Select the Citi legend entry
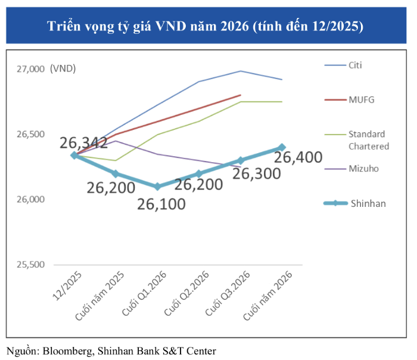click(x=355, y=65)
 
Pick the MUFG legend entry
click(x=359, y=100)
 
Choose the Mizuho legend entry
click(x=363, y=169)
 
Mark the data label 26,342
click(x=83, y=143)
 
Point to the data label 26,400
click(x=298, y=158)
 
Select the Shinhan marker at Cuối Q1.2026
click(x=157, y=187)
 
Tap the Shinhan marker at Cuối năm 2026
click(x=282, y=147)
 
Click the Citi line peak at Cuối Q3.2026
click(x=241, y=71)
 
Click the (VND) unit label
click(x=63, y=69)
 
